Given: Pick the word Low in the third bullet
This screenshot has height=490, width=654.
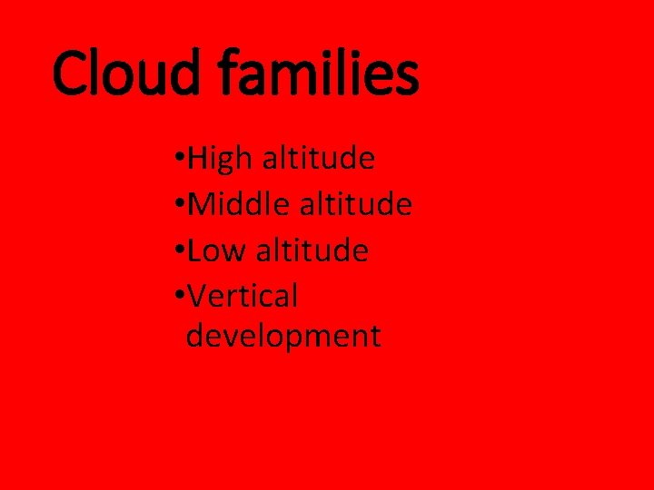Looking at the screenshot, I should pos(217,250).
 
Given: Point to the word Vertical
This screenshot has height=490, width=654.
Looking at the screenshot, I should pos(243,295).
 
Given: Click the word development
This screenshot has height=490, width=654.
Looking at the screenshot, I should pos(283,337).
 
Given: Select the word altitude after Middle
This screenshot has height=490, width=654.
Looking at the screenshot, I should pos(356,205).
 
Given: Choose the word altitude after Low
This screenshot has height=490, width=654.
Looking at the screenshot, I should pos(312,250).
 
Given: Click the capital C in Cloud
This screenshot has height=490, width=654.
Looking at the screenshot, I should pos(71,74).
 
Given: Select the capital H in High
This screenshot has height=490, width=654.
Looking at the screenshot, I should pos(197,160).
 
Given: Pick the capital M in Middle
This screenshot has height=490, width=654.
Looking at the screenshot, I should pos(202,205).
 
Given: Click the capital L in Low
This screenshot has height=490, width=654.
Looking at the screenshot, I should pos(194,250).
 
